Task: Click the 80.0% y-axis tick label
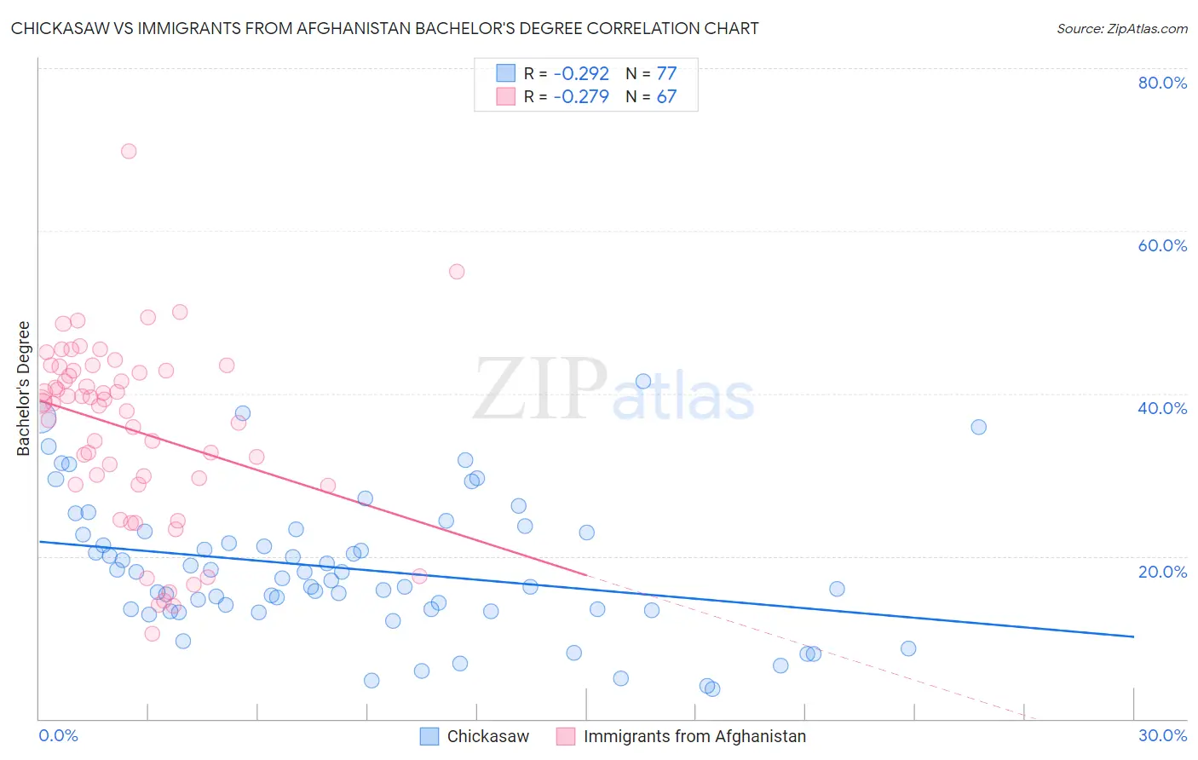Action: tap(1162, 83)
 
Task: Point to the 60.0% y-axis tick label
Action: tap(1162, 245)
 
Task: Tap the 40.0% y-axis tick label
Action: tap(1162, 408)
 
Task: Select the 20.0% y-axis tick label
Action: tap(1162, 572)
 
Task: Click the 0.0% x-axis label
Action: tap(58, 736)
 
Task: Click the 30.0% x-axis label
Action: tap(1162, 736)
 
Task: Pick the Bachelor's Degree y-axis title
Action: tap(24, 389)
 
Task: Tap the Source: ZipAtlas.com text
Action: tap(1121, 29)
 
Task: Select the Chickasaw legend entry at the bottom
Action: tap(487, 736)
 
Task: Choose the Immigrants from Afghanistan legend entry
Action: tap(694, 736)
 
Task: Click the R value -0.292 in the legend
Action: tap(581, 74)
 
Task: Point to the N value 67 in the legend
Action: tap(666, 97)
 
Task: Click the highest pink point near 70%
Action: tap(129, 151)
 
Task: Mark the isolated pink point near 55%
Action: tap(457, 272)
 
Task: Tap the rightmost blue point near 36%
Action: tap(979, 427)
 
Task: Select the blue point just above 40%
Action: tap(643, 382)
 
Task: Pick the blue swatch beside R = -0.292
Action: tap(506, 73)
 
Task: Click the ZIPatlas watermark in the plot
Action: tap(613, 391)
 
